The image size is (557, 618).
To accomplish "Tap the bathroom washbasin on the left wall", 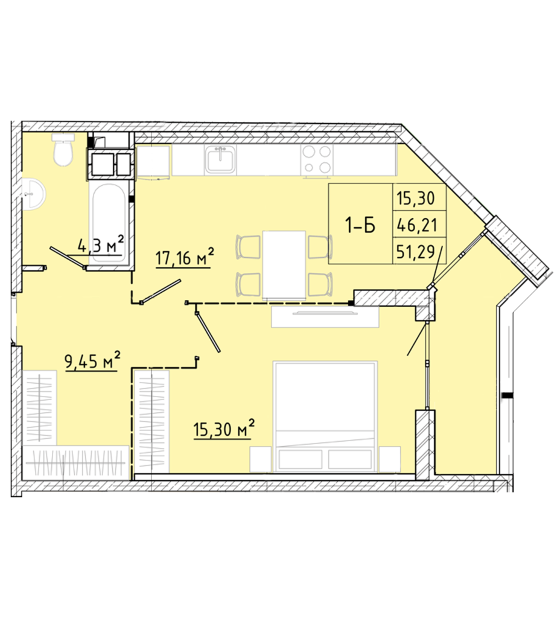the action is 34,194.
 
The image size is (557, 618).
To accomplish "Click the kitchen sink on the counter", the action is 220,159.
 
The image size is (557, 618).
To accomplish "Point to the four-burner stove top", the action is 317,160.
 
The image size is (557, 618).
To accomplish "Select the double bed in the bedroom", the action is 325,416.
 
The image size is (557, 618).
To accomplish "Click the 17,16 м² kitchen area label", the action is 185,258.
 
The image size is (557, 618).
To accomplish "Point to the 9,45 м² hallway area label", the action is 93,361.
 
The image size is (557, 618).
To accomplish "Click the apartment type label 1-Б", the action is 360,226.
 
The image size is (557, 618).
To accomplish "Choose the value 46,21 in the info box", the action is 416,226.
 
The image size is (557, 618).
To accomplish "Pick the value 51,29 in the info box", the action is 416,252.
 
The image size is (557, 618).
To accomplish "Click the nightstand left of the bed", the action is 260,459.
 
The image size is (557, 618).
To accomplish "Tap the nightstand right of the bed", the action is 389,459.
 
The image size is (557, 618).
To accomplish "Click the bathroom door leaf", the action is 68,258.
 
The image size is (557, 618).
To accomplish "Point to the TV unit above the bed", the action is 325,316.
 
